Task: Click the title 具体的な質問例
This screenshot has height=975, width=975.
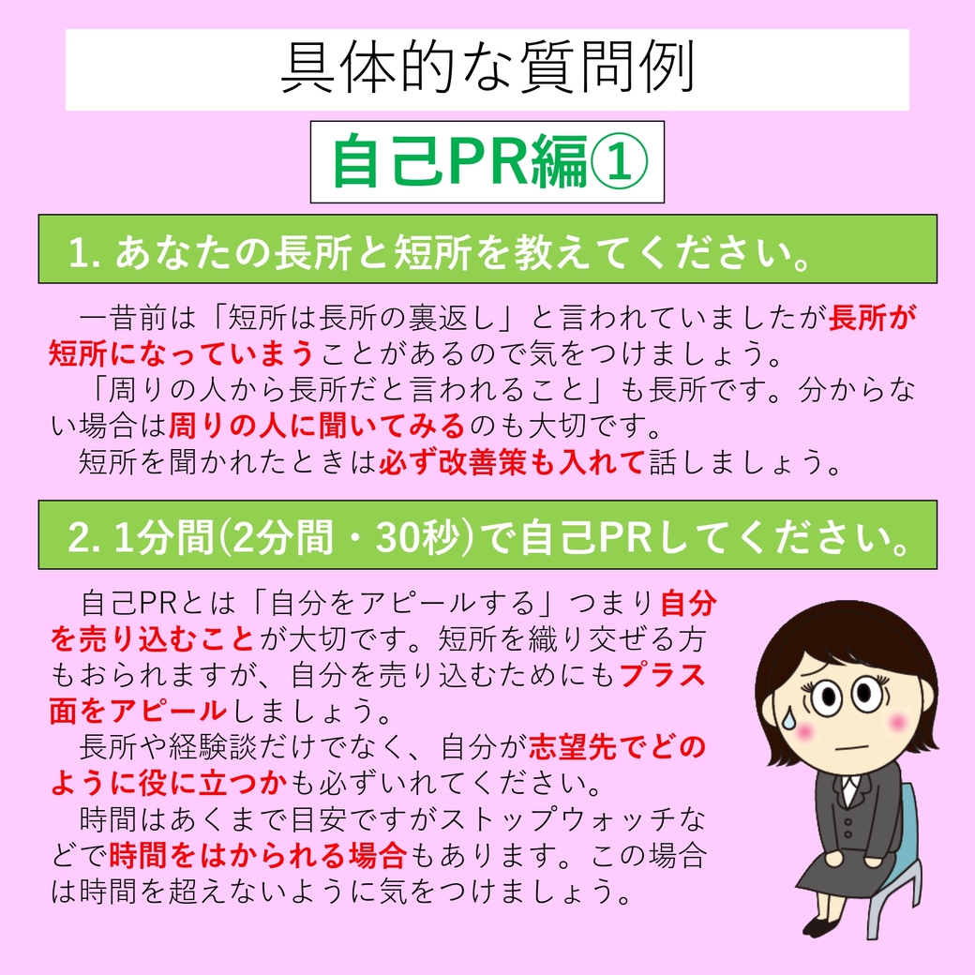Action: [x=487, y=68]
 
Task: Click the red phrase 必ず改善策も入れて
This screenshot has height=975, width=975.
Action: [x=511, y=462]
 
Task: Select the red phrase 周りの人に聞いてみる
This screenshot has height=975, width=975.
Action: [x=317, y=426]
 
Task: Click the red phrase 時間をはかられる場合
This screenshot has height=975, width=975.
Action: [x=259, y=856]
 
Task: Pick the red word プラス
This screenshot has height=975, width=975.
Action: [x=663, y=675]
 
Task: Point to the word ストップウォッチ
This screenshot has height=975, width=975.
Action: [x=558, y=820]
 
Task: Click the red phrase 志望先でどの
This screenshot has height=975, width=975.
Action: [x=618, y=747]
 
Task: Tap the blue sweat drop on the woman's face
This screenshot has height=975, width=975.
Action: [x=789, y=718]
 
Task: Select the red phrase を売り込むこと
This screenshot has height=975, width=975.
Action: [x=153, y=639]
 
